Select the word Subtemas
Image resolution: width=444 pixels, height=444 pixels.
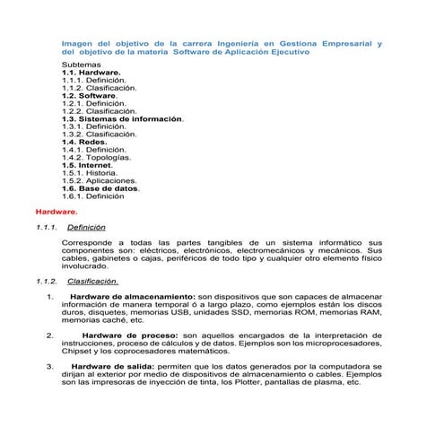(x=81, y=66)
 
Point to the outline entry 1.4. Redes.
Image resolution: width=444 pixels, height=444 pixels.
(x=85, y=141)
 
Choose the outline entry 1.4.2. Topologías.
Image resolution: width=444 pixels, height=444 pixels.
(x=97, y=156)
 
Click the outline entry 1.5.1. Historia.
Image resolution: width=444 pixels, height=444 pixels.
(x=90, y=173)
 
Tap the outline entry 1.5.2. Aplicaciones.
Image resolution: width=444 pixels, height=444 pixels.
(x=100, y=180)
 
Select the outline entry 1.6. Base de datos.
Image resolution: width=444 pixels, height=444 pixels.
(x=101, y=188)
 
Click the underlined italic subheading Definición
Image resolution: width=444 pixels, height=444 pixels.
(x=87, y=227)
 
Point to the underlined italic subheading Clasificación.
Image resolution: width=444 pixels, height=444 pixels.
(x=92, y=281)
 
